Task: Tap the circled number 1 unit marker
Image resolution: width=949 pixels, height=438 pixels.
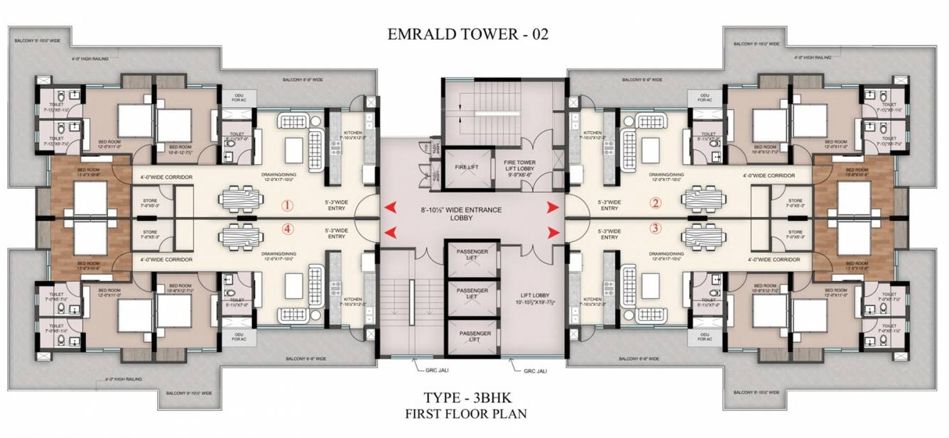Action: click(287, 207)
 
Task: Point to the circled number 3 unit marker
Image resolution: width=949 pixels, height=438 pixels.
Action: click(656, 229)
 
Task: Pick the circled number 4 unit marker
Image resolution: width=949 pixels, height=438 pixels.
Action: click(287, 229)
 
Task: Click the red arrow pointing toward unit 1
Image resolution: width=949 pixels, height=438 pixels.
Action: click(390, 207)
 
